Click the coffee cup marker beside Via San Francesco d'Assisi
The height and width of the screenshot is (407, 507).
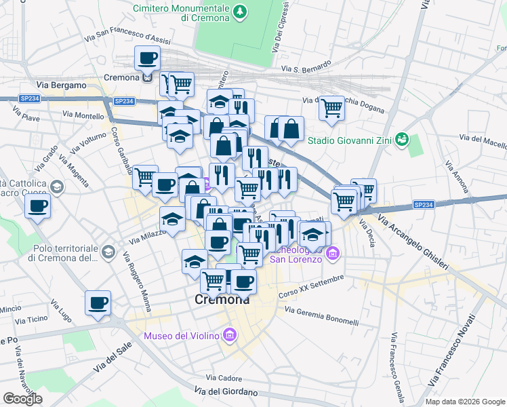147,58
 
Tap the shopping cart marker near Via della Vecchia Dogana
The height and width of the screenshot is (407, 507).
331,107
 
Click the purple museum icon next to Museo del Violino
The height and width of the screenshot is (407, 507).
230,335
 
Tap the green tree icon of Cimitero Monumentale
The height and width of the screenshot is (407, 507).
239,12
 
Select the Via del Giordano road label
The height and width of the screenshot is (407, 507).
226,392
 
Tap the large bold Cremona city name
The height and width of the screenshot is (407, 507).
222,299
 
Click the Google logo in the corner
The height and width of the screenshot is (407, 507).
22,399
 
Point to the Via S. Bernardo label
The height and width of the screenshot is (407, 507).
306,68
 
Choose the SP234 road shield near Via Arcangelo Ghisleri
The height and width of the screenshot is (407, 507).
423,204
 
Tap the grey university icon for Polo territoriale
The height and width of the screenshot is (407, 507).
108,252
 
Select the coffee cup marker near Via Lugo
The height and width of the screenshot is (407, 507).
98,303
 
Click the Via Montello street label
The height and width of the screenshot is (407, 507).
83,116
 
